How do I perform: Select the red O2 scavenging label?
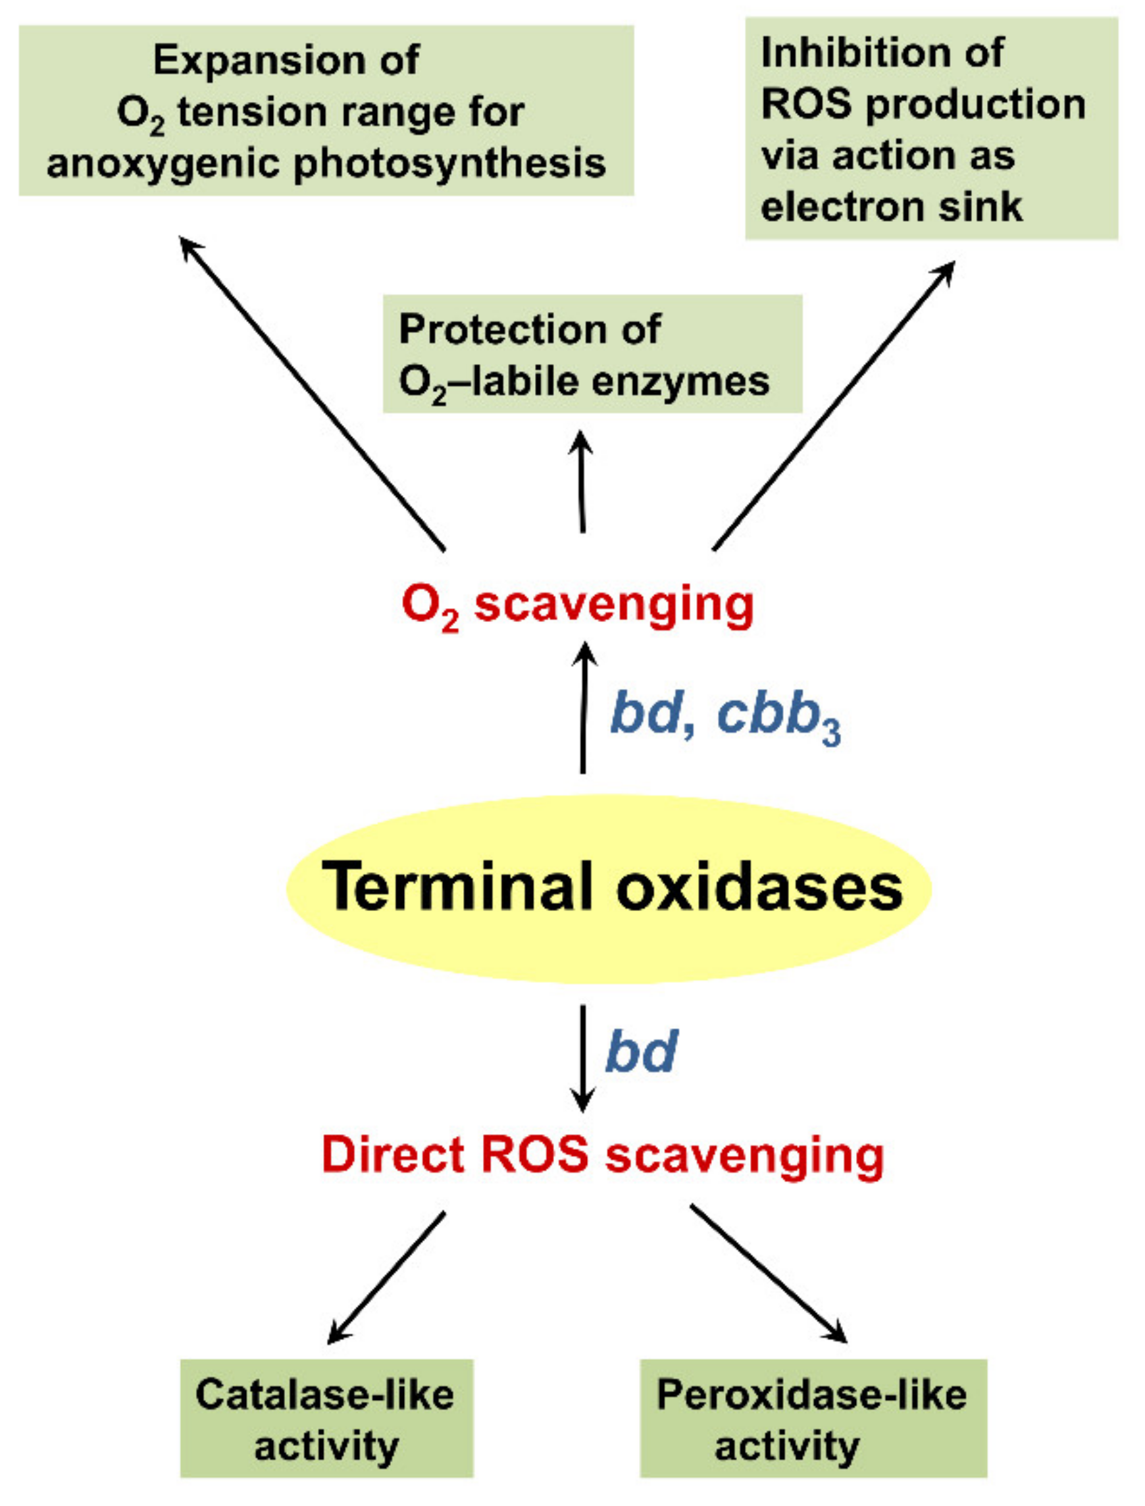578,605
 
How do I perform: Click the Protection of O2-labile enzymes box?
592,354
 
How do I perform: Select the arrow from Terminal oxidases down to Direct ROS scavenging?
583,1056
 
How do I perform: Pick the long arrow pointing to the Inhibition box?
834,405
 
